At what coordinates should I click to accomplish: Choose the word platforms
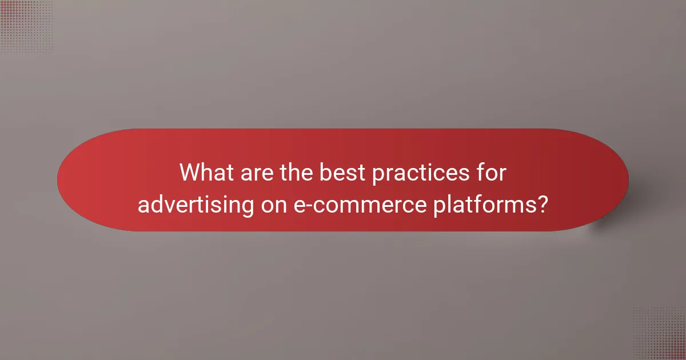tap(475, 204)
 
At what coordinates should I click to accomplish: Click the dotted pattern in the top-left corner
tap(26, 26)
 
